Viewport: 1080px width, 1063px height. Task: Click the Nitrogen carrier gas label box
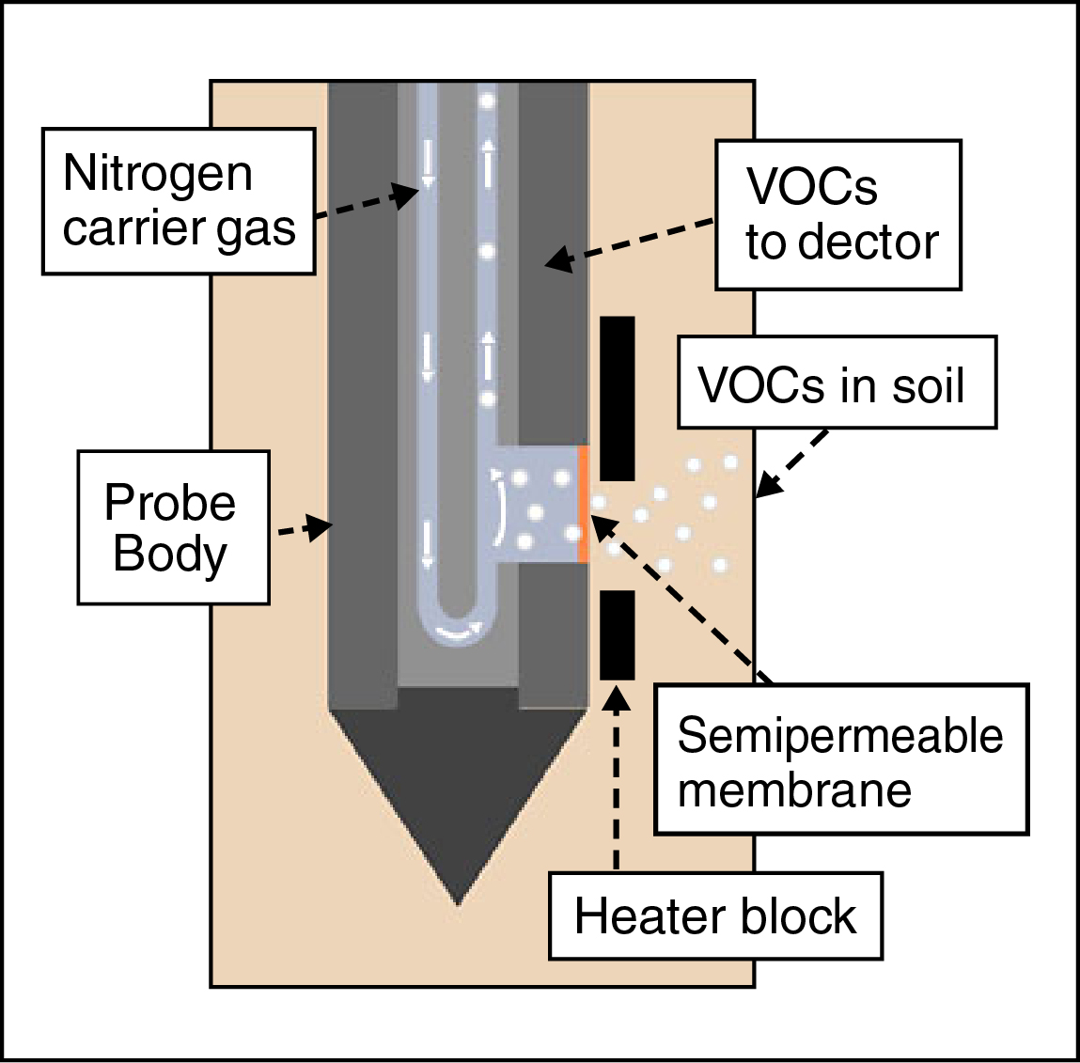pyautogui.click(x=179, y=201)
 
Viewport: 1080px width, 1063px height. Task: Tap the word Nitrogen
pyautogui.click(x=158, y=174)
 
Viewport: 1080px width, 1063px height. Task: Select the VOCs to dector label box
pyautogui.click(x=838, y=214)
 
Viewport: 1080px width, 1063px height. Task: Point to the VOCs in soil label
pyautogui.click(x=837, y=383)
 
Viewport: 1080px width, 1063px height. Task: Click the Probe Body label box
pyautogui.click(x=173, y=527)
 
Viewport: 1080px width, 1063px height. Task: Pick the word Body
pyautogui.click(x=170, y=554)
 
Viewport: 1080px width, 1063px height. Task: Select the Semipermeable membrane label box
pyautogui.click(x=841, y=759)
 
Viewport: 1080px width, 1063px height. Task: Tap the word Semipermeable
pyautogui.click(x=840, y=735)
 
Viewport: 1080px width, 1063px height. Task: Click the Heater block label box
pyautogui.click(x=715, y=916)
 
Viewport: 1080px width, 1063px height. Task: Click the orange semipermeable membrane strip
pyautogui.click(x=584, y=504)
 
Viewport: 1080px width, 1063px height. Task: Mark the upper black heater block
pyautogui.click(x=618, y=398)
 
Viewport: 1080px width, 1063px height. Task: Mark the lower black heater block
pyautogui.click(x=618, y=634)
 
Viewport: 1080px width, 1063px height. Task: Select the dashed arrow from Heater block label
pyautogui.click(x=617, y=780)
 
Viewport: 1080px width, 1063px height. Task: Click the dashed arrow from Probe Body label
pyautogui.click(x=305, y=529)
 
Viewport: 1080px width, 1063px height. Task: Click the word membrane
pyautogui.click(x=794, y=789)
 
